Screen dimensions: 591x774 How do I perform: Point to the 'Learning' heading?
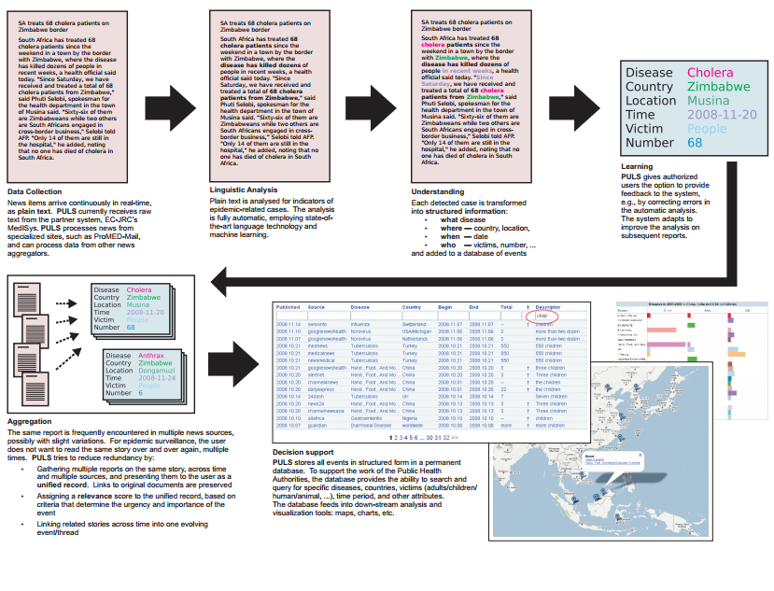[637, 167]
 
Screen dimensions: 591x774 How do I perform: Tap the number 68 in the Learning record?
[695, 143]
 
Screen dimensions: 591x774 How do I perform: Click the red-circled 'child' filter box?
[548, 317]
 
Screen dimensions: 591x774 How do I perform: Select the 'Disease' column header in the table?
[360, 306]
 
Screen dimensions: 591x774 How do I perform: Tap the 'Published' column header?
[288, 306]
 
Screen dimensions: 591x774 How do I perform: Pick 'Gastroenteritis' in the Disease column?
[368, 419]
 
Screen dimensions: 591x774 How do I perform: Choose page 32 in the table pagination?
[445, 437]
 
